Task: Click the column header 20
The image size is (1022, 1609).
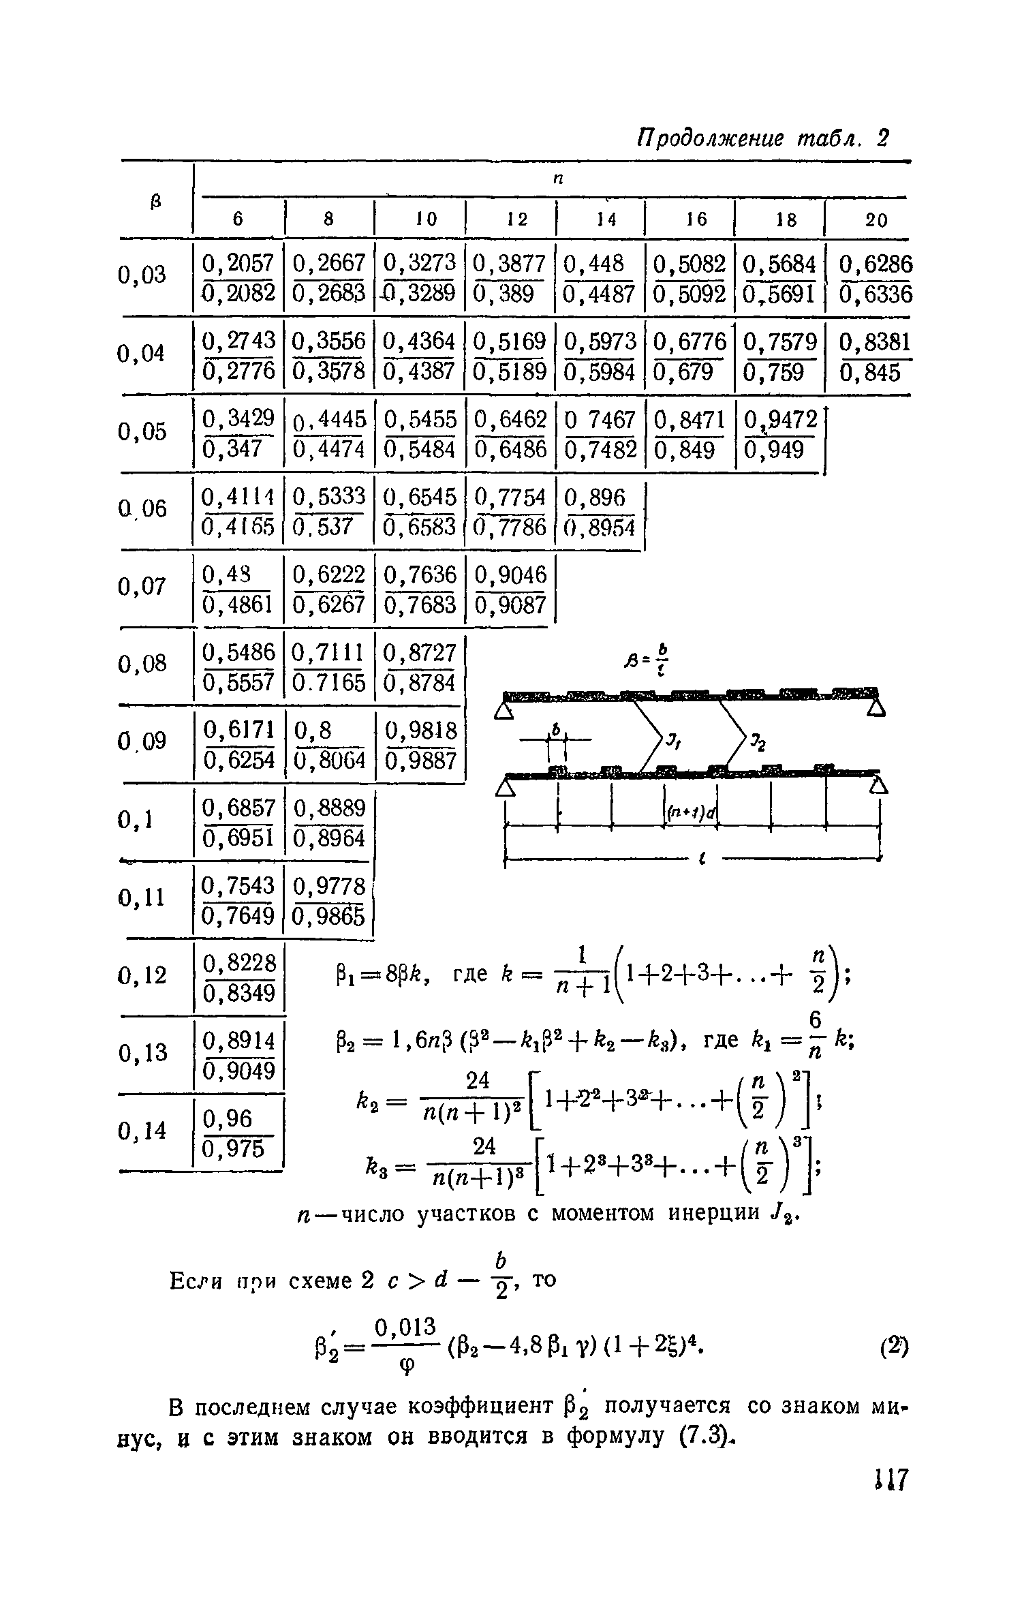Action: click(877, 219)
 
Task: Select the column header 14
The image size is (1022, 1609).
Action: click(606, 219)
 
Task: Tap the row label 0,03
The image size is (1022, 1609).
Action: click(142, 275)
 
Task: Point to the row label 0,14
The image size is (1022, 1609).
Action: click(142, 1131)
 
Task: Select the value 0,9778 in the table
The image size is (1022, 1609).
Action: click(329, 886)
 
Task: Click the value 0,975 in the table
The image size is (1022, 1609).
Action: click(233, 1149)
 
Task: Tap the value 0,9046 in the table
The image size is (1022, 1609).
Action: click(510, 575)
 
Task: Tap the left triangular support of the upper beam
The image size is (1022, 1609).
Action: click(504, 711)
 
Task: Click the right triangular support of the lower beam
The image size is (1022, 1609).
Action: click(878, 786)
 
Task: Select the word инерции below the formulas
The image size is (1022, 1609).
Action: click(716, 1212)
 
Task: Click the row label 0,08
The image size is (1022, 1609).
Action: click(142, 663)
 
